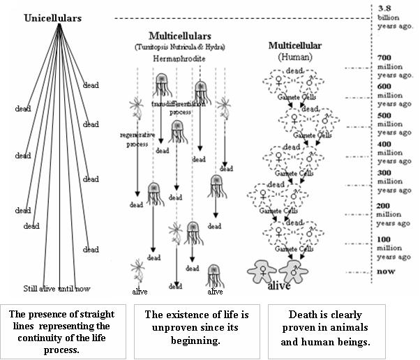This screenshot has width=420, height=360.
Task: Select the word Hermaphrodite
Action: coord(179,60)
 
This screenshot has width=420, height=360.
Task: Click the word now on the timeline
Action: coord(385,271)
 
